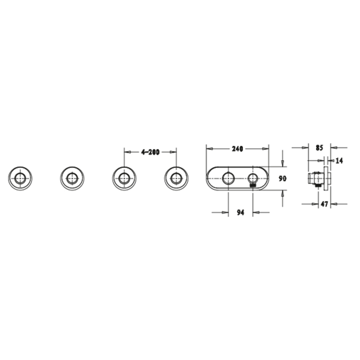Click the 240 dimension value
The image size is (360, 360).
pyautogui.click(x=237, y=149)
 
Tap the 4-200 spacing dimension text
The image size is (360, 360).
pyautogui.click(x=150, y=152)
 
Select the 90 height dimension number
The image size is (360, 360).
pyautogui.click(x=282, y=178)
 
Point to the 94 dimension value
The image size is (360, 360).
pyautogui.click(x=240, y=212)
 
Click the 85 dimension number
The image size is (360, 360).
pyautogui.click(x=319, y=148)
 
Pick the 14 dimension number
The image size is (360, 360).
pyautogui.click(x=339, y=160)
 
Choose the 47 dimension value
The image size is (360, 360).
pyautogui.click(x=324, y=203)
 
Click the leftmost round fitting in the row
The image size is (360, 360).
pyautogui.click(x=20, y=178)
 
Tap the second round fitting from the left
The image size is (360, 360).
pyautogui.click(x=72, y=178)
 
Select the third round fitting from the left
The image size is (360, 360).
pyautogui.click(x=124, y=178)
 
